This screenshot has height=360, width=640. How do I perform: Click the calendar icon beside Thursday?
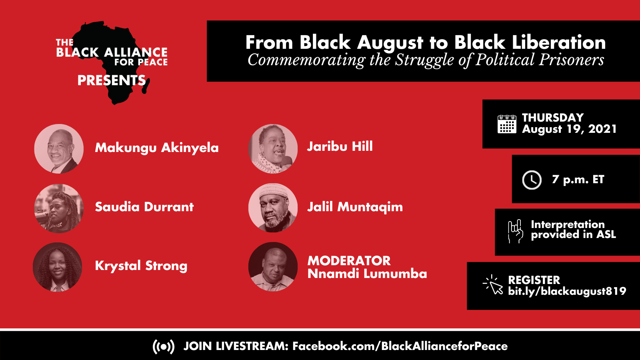507,124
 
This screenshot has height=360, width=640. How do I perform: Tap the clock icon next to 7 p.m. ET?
532,180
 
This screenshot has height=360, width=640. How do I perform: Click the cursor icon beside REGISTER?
493,284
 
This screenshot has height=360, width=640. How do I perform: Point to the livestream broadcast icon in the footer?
164,346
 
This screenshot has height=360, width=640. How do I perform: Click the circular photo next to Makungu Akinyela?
59,148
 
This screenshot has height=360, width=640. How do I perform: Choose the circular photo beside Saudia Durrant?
59,208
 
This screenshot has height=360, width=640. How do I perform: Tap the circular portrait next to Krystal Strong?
58,267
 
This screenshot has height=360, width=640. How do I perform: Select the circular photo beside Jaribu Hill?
273,148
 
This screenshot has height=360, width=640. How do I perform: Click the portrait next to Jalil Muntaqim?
273,208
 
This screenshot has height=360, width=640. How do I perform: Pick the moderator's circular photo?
273,267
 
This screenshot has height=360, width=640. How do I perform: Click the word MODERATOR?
349,260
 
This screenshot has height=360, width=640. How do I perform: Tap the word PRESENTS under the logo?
112,80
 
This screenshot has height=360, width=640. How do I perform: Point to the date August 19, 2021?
569,129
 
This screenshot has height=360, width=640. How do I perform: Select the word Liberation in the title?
558,42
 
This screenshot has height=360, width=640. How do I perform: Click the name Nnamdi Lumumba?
367,274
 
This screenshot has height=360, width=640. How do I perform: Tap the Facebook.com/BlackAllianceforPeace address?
400,346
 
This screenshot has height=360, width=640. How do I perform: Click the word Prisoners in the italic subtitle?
571,60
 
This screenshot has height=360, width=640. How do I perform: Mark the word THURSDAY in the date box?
553,118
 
